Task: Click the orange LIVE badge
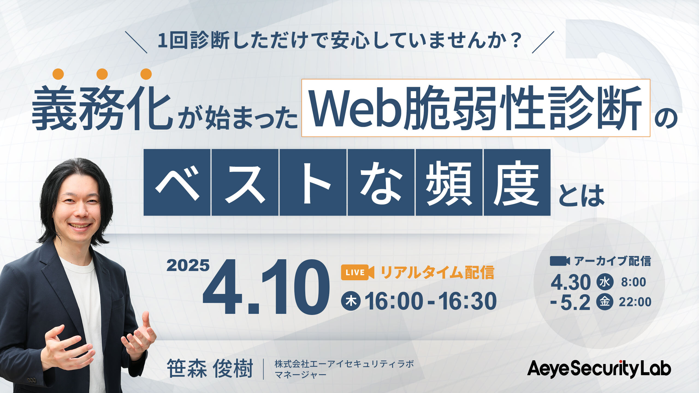click(x=357, y=272)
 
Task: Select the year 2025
click(x=188, y=265)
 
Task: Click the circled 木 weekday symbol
click(x=351, y=301)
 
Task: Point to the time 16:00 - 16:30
click(x=431, y=301)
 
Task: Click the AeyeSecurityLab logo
click(x=599, y=369)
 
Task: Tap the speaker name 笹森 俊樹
click(x=210, y=369)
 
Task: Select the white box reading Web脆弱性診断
click(x=476, y=108)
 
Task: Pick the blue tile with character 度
click(x=517, y=182)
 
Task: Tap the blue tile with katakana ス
click(x=245, y=182)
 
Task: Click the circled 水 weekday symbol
click(x=605, y=282)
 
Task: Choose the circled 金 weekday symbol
click(x=605, y=302)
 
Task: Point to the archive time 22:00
click(x=635, y=302)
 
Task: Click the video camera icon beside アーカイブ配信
click(x=559, y=261)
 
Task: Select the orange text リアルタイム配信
click(x=437, y=272)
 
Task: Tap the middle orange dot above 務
click(x=102, y=74)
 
